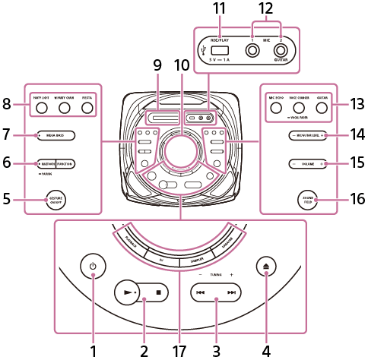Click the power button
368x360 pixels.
93,267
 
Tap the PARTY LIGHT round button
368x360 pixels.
43,108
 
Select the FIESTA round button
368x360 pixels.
87,108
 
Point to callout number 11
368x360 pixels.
220,8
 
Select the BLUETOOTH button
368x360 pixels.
46,163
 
